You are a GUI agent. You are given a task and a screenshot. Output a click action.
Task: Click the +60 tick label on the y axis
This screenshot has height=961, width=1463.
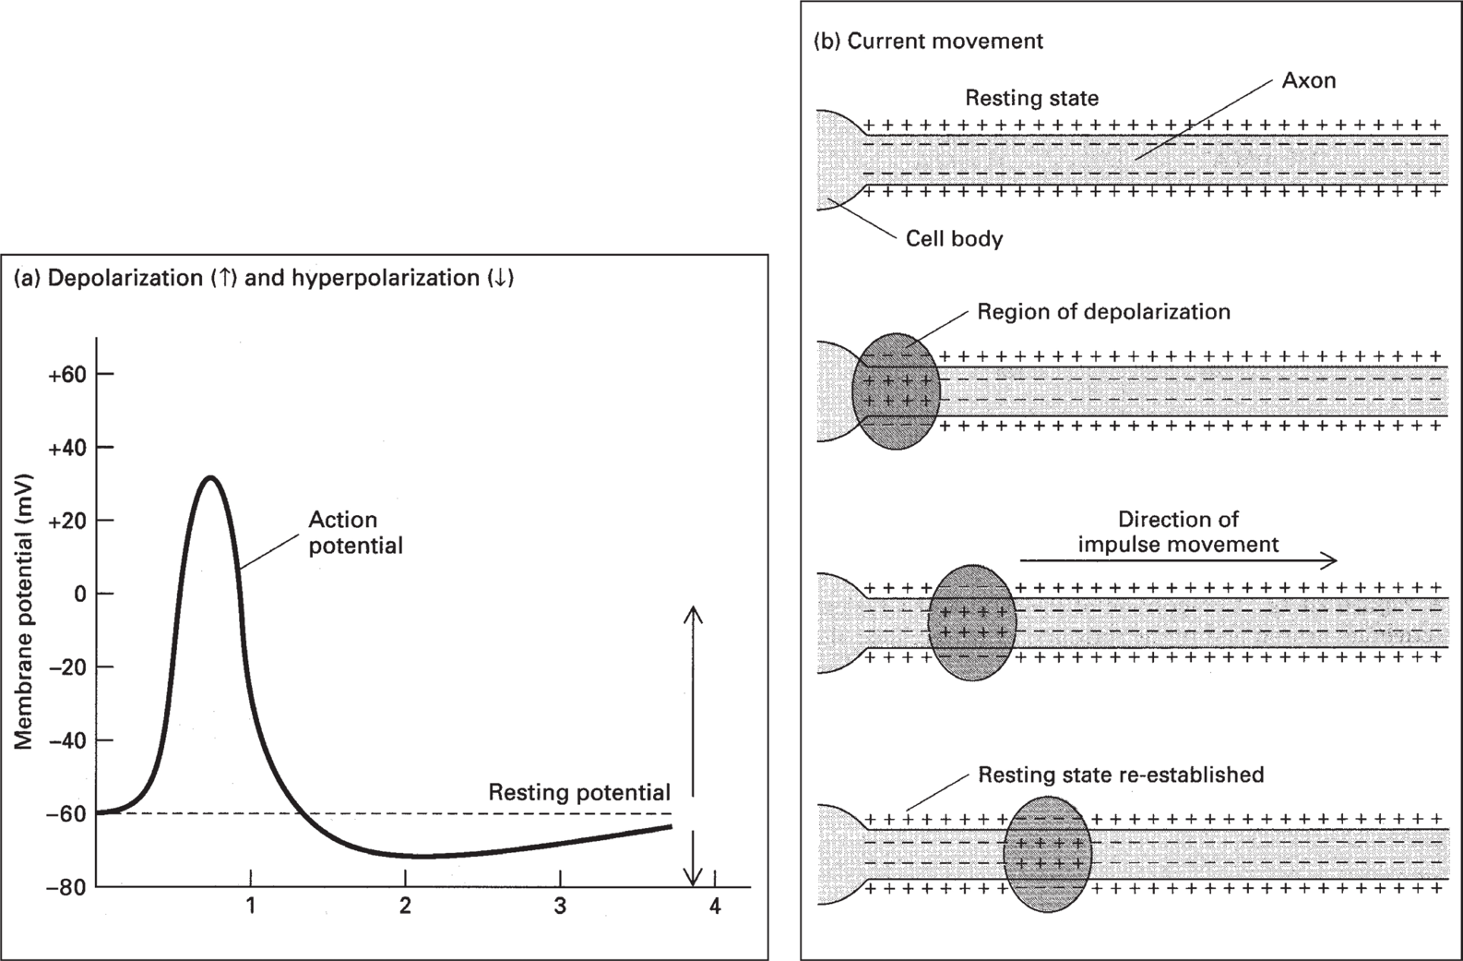(x=67, y=374)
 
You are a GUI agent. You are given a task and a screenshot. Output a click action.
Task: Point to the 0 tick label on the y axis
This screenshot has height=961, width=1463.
(x=80, y=594)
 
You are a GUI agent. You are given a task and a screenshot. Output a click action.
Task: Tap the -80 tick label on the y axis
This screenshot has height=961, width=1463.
(x=67, y=887)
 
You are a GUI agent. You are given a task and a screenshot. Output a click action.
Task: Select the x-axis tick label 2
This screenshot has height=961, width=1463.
(x=405, y=907)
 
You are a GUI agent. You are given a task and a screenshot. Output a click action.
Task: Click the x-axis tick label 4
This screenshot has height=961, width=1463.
(x=715, y=907)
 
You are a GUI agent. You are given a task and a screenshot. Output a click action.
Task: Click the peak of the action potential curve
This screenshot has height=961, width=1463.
(x=211, y=477)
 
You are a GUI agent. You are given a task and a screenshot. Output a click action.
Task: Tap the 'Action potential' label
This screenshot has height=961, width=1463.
(x=355, y=533)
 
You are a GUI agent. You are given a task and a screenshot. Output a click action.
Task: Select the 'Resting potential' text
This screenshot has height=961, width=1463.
(x=579, y=792)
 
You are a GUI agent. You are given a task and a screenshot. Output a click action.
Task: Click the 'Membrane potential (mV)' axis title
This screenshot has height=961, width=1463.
(x=25, y=612)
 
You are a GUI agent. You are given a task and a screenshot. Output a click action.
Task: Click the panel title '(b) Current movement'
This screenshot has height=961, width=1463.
(x=928, y=42)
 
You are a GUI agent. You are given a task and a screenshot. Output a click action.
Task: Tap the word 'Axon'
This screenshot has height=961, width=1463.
(x=1308, y=80)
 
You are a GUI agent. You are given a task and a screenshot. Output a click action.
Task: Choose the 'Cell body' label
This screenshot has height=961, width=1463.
(x=954, y=239)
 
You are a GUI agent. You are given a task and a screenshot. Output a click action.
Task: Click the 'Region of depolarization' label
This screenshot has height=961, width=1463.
(x=1103, y=312)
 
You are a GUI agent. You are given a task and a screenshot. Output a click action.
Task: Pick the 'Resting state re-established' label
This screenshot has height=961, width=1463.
(x=1120, y=775)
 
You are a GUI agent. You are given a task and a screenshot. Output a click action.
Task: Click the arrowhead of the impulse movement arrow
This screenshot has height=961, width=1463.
(x=1330, y=559)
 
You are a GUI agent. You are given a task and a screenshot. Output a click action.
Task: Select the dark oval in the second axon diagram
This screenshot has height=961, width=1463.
(x=896, y=391)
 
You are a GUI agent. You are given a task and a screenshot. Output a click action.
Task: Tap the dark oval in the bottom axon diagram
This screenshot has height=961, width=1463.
(x=1048, y=853)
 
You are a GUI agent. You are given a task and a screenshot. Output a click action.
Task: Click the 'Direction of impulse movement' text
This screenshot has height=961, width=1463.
(x=1178, y=532)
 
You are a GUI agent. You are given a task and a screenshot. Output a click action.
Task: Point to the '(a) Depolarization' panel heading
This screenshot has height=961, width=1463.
(x=264, y=278)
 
